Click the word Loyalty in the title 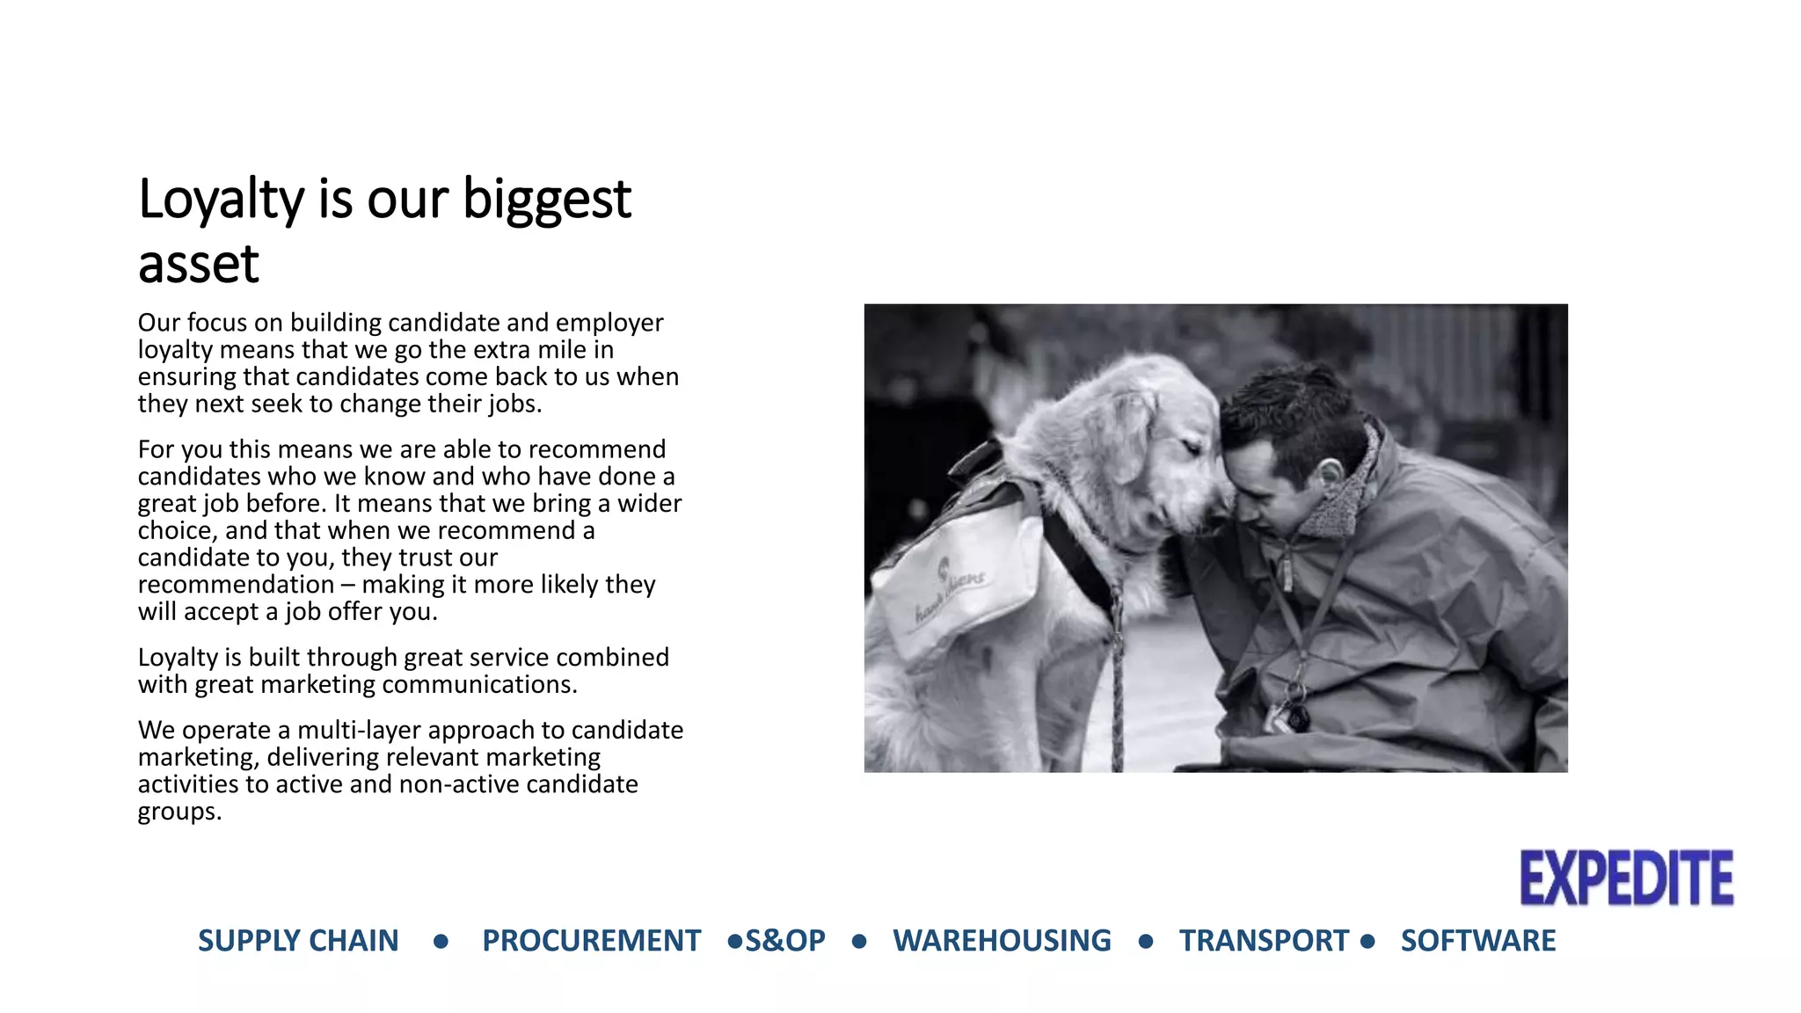[221, 200]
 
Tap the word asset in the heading [199, 264]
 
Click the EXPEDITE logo [1626, 878]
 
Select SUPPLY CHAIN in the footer [298, 941]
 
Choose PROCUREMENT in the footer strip [591, 941]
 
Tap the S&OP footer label [785, 941]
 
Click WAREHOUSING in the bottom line [1002, 941]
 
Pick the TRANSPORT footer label [1264, 941]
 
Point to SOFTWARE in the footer [1477, 941]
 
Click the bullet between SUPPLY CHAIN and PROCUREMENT [441, 942]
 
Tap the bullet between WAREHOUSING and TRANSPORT [1145, 942]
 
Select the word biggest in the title [546, 200]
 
